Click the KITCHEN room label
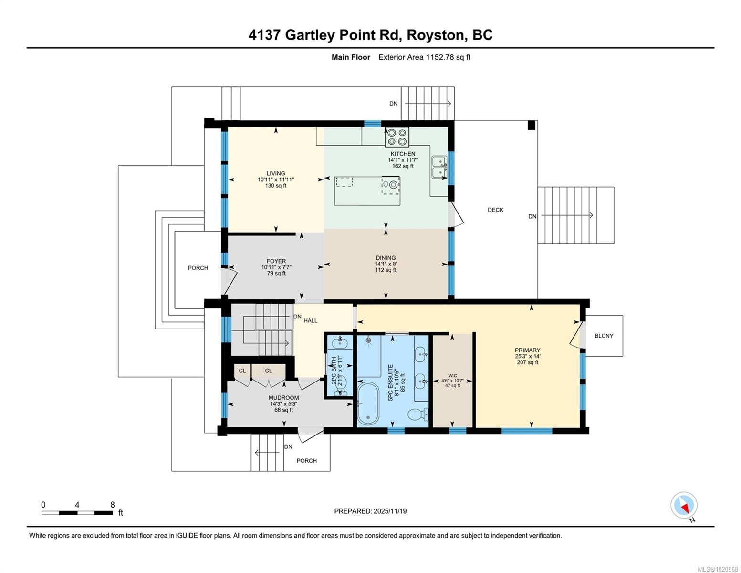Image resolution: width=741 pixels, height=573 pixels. point(403,154)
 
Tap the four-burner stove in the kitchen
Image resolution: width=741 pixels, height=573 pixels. point(397,137)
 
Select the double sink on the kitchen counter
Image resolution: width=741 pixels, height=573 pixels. point(439,167)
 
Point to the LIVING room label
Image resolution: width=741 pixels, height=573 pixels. point(276,173)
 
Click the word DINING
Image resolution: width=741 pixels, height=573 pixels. point(386,258)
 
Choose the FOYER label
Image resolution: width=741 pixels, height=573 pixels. point(276,261)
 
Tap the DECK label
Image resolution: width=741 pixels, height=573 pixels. point(495,210)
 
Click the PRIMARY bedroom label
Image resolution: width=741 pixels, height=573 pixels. point(527,350)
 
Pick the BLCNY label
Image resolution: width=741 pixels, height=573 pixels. point(604,336)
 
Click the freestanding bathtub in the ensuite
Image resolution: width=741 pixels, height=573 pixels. point(368,404)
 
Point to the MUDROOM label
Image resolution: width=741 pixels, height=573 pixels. point(283,398)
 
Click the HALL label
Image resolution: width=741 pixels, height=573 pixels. point(311,320)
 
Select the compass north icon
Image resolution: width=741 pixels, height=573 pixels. point(684,505)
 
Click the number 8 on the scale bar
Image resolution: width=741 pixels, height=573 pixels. point(113,505)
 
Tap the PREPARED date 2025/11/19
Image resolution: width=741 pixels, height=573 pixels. point(390,511)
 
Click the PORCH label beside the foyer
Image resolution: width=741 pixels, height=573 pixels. point(198,268)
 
